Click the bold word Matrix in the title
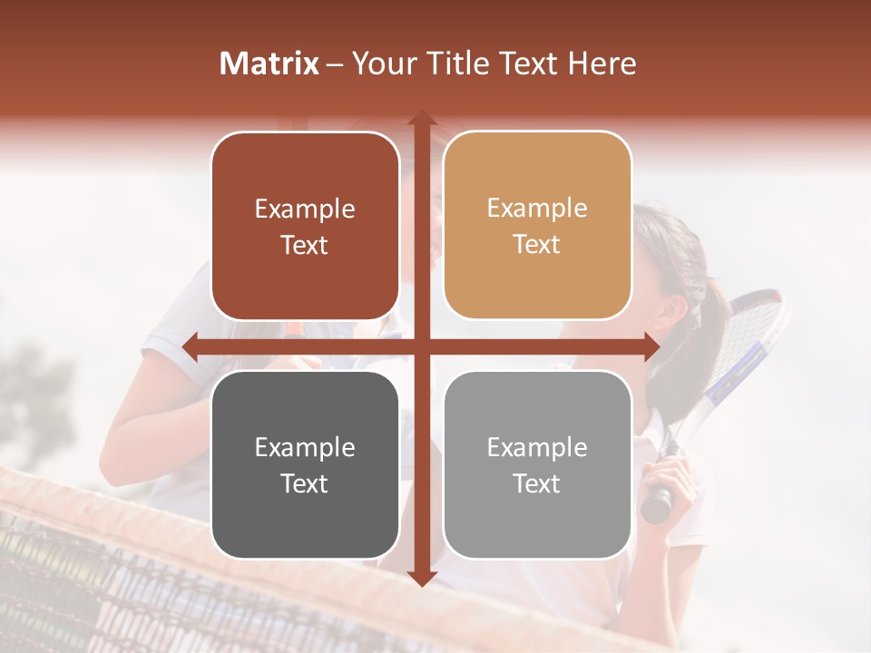click(269, 63)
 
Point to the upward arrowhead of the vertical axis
click(421, 119)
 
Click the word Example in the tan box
click(537, 209)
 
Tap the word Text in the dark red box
click(304, 246)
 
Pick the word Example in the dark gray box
click(305, 448)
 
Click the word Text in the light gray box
click(537, 484)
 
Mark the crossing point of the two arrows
click(421, 346)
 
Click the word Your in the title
click(382, 63)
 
